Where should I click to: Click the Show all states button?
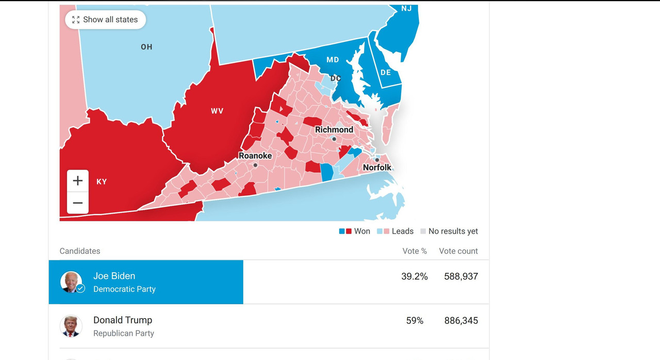point(105,20)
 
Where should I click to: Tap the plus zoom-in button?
point(78,181)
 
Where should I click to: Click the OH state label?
point(146,47)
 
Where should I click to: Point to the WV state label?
point(217,111)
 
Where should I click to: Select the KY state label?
point(102,182)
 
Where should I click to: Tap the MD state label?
point(333,60)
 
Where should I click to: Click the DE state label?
point(386,72)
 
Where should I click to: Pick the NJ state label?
point(406,9)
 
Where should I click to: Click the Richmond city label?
point(334,129)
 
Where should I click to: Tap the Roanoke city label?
point(255,155)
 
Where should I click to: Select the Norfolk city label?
point(377,167)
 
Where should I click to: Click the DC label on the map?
point(336,78)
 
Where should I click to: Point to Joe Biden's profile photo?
point(71,282)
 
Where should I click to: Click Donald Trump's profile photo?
point(71,326)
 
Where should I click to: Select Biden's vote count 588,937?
point(461,276)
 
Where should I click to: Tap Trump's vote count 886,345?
point(461,321)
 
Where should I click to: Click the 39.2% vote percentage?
point(415,276)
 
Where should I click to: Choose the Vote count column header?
point(458,251)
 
